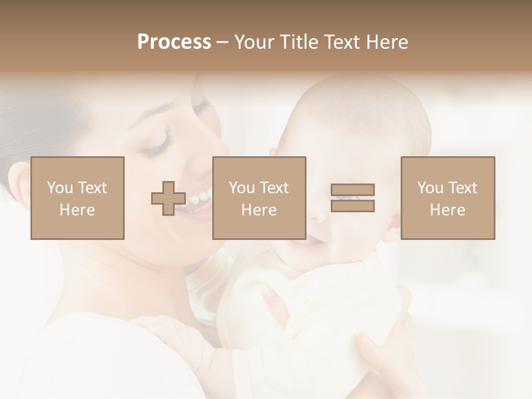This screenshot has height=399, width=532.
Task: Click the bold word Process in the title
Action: [x=174, y=42]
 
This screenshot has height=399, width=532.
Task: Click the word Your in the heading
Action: [x=255, y=42]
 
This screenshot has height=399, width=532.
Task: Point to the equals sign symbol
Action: [x=352, y=198]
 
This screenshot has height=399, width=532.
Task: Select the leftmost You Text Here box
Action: [x=78, y=198]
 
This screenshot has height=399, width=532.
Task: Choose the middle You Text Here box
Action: [x=259, y=198]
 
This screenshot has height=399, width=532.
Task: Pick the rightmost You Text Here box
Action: [x=448, y=198]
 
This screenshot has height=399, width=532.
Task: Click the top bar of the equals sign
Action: [x=352, y=190]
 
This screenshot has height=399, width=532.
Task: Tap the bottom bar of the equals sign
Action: [x=352, y=206]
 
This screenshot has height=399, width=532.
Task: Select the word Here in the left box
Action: [x=78, y=210]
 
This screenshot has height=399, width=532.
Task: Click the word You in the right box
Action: [x=431, y=188]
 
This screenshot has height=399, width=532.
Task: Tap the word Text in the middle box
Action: [x=274, y=188]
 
